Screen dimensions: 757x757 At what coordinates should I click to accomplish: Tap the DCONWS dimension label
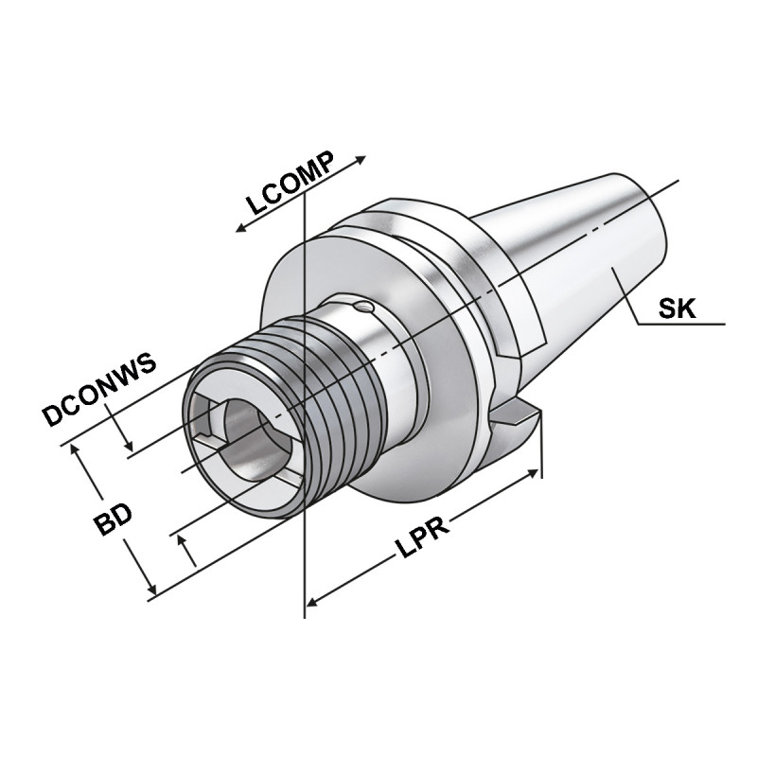[99, 391]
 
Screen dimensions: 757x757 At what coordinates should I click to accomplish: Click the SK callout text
[678, 308]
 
